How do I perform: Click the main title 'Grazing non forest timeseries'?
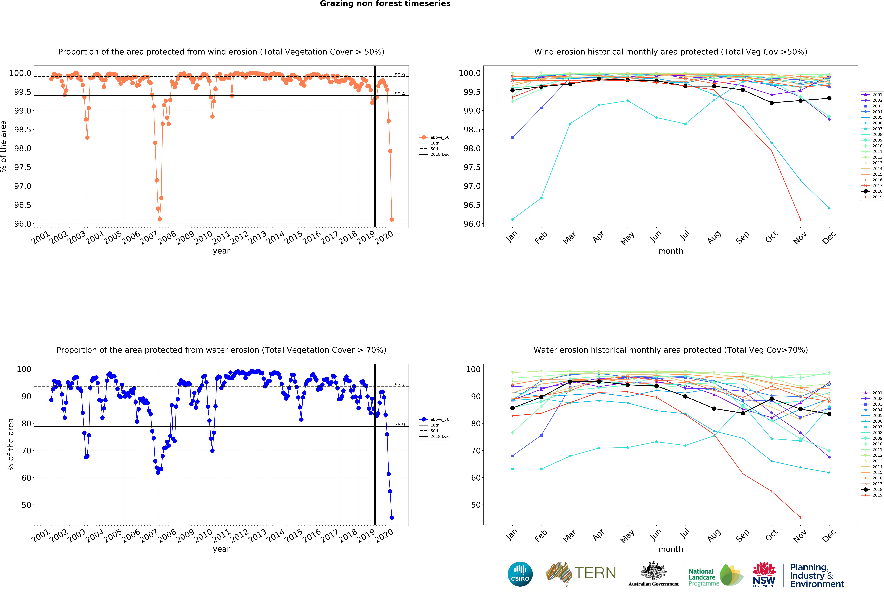(x=385, y=4)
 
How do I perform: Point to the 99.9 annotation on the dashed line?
(x=399, y=75)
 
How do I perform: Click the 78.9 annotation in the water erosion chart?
(x=399, y=424)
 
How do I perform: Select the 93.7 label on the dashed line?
(x=399, y=384)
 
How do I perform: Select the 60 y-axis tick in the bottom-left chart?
(x=26, y=478)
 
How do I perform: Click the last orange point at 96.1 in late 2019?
(x=391, y=219)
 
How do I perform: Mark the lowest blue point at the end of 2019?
(x=391, y=518)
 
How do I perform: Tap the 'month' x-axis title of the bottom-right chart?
(x=671, y=549)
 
